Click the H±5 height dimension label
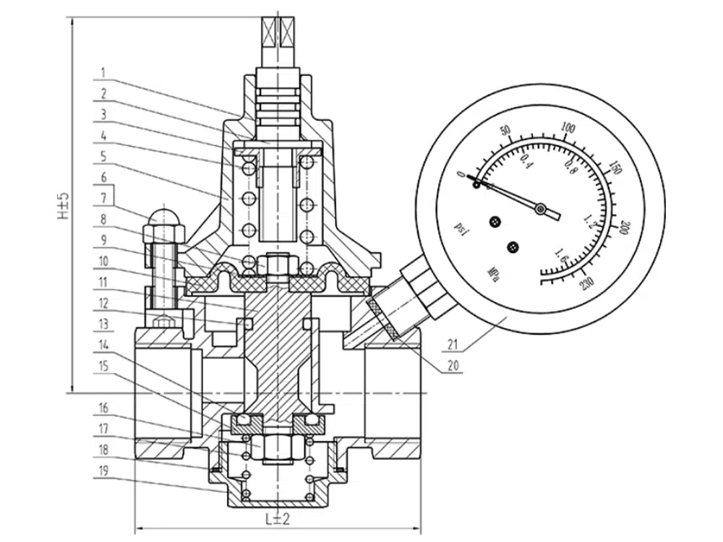(x=64, y=205)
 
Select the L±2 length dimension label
(x=277, y=518)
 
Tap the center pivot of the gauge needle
(x=539, y=209)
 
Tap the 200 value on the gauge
(x=625, y=229)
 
